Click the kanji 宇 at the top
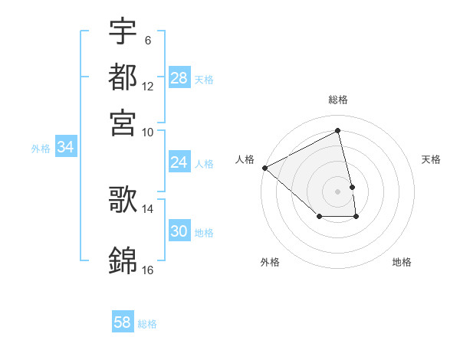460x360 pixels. (123, 31)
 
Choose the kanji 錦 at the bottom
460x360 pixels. (123, 260)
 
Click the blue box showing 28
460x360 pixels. (179, 78)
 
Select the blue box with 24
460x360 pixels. (179, 162)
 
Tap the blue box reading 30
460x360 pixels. (179, 231)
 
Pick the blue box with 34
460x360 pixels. (65, 148)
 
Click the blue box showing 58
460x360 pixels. (122, 322)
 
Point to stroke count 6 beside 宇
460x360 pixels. (147, 41)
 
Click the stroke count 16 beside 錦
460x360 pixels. (147, 270)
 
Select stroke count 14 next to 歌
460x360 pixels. (147, 208)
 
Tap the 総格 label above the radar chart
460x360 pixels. (338, 100)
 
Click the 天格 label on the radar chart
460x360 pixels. (431, 159)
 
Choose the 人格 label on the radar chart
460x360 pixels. (245, 159)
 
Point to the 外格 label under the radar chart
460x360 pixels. (270, 262)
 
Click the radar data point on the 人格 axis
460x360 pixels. (264, 167)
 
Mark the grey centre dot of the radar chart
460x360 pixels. (338, 191)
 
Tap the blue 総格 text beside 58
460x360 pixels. (147, 324)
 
